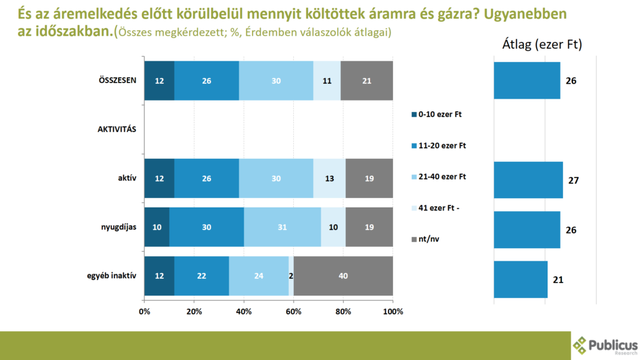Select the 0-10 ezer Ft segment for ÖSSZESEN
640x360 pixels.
click(159, 81)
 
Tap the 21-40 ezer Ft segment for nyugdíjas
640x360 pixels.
click(282, 227)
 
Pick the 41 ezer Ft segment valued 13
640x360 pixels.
click(329, 178)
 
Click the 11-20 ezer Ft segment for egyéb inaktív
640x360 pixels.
click(201, 276)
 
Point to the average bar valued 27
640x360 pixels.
click(528, 180)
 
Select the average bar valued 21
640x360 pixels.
click(521, 279)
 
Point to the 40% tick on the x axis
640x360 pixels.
click(244, 311)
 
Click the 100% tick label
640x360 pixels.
click(392, 311)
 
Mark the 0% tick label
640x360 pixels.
click(144, 311)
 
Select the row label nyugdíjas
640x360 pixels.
click(118, 227)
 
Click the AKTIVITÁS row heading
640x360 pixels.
click(117, 129)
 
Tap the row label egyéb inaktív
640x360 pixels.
click(113, 276)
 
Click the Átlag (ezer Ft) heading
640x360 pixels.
click(542, 45)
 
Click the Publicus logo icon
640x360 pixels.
click(581, 346)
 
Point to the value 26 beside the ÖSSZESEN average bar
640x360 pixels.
click(571, 81)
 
